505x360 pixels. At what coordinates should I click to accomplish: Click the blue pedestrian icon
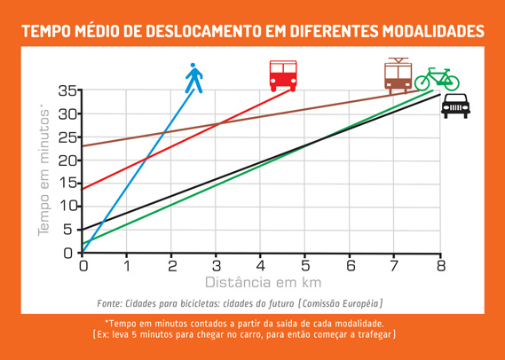pyautogui.click(x=193, y=78)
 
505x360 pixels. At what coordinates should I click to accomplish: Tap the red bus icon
pyautogui.click(x=283, y=76)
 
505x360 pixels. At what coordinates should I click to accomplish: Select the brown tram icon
pyautogui.click(x=397, y=75)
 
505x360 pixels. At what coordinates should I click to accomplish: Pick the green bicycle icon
pyautogui.click(x=437, y=79)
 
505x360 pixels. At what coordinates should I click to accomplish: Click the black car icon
pyautogui.click(x=455, y=106)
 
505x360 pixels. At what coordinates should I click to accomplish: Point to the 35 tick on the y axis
pyautogui.click(x=67, y=90)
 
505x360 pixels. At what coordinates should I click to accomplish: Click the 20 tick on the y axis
pyautogui.click(x=67, y=160)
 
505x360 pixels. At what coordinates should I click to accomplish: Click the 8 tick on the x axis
pyautogui.click(x=440, y=265)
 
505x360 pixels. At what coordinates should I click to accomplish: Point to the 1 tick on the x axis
pyautogui.click(x=128, y=265)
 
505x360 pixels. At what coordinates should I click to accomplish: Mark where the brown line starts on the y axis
pyautogui.click(x=83, y=146)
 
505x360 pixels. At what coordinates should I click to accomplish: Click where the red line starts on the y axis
pyautogui.click(x=83, y=189)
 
